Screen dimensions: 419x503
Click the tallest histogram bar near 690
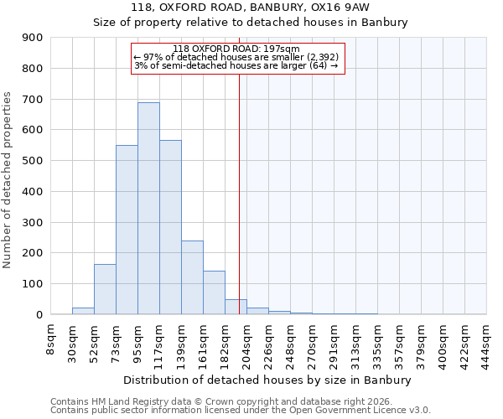coord(148,209)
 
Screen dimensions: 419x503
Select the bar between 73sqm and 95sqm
coord(127,230)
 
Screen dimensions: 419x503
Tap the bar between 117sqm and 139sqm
coord(170,227)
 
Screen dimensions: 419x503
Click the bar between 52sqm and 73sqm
coord(105,289)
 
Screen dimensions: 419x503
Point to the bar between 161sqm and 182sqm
coord(214,292)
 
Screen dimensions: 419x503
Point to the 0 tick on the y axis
coord(39,314)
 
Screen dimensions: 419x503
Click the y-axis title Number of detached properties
coord(8,180)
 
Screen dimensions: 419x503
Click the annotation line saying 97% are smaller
coord(236,57)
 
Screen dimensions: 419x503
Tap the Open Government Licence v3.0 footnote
coord(240,411)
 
